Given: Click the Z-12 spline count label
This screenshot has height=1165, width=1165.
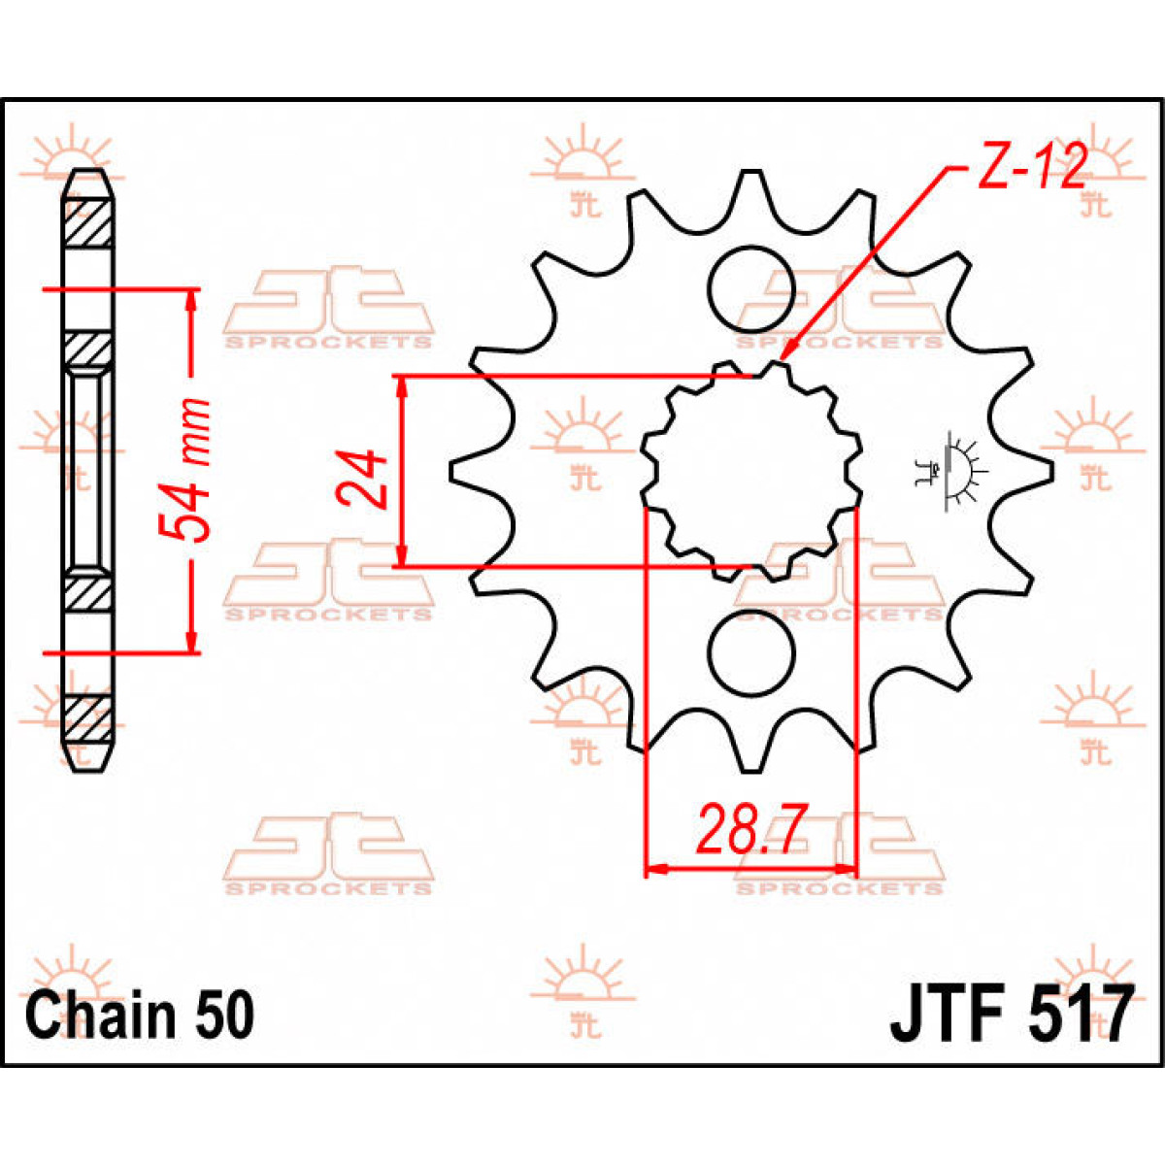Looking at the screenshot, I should pos(1031,171).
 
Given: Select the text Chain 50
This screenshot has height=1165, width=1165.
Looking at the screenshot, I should pos(140,1015).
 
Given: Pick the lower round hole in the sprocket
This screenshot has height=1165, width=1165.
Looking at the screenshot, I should pos(750,653).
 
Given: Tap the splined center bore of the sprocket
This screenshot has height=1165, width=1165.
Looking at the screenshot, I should pos(750,472).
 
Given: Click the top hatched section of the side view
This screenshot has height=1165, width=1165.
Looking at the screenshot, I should pos(87,223).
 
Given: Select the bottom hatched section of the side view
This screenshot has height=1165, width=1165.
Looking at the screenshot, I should pos(87,718).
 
